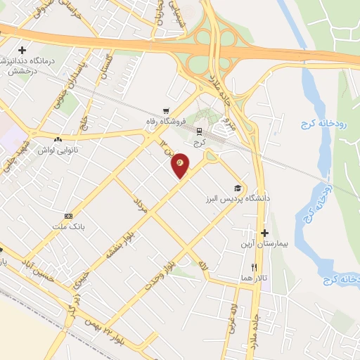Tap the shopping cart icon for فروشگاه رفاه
point(166,110)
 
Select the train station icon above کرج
point(199,131)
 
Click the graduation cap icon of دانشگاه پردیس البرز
point(238,188)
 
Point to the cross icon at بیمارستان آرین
point(264,233)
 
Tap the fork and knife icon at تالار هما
point(255,267)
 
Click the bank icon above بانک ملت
point(68,216)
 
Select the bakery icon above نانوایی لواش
point(57,140)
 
